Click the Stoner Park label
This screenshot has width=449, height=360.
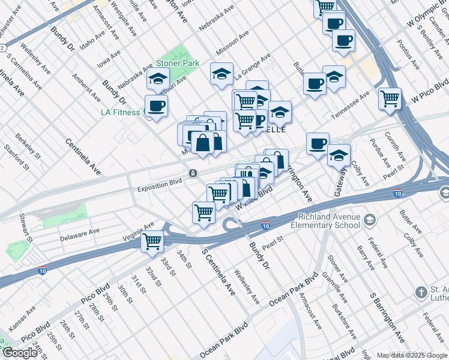click(177, 63)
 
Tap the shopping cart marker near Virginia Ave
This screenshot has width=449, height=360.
click(152, 241)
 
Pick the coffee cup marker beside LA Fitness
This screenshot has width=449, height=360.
click(157, 106)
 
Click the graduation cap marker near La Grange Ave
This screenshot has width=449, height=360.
click(221, 74)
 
